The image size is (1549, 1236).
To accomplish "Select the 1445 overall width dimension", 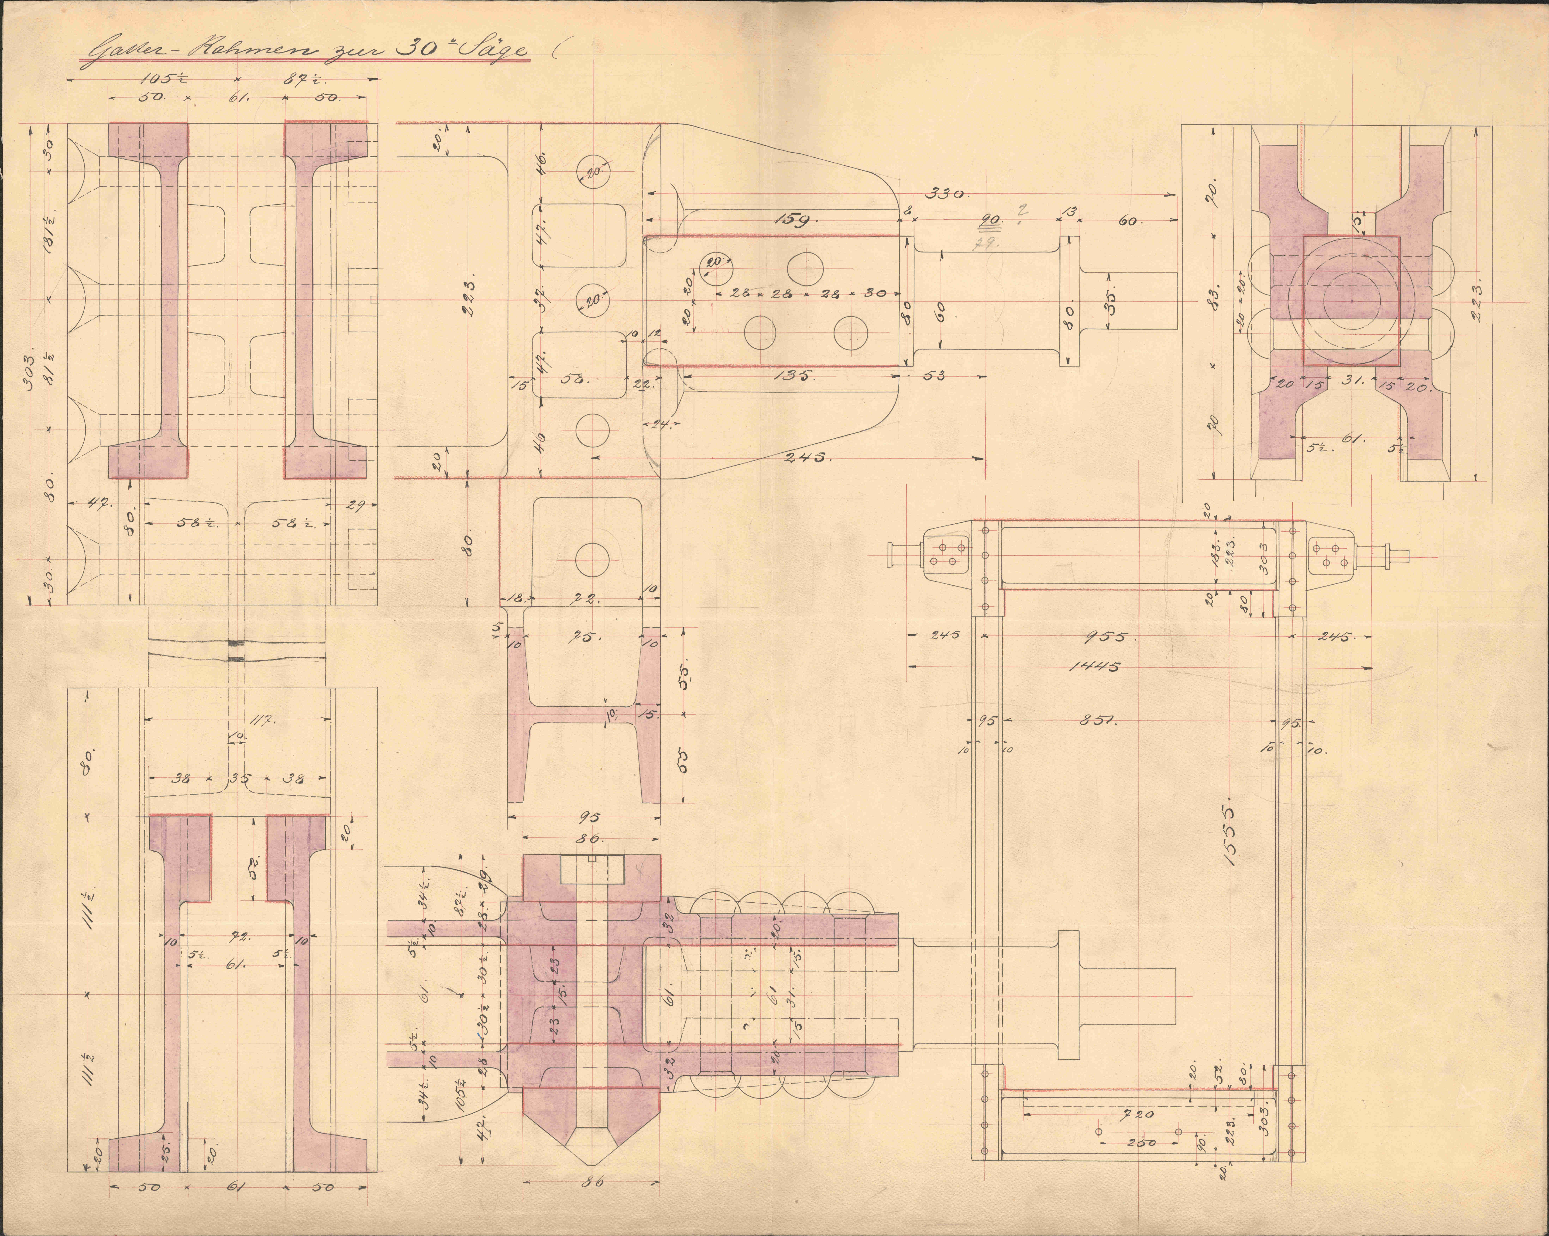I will tap(1094, 666).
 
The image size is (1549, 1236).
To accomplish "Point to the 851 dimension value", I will tap(1097, 721).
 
